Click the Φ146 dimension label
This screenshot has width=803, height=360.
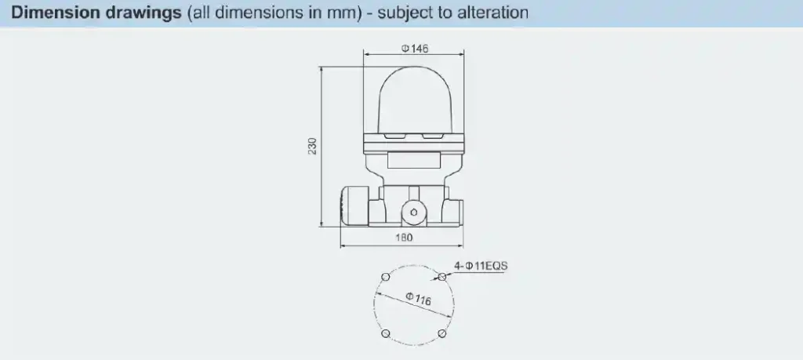pyautogui.click(x=415, y=49)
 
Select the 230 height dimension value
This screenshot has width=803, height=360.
pyautogui.click(x=312, y=147)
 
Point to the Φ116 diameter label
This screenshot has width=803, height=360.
pyautogui.click(x=418, y=300)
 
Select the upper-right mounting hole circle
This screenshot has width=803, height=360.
pyautogui.click(x=442, y=277)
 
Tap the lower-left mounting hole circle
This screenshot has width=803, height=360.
pyautogui.click(x=384, y=334)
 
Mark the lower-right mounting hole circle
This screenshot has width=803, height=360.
pyautogui.click(x=442, y=334)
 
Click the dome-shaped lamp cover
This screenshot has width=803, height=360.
pyautogui.click(x=413, y=100)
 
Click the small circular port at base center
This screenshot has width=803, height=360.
pyautogui.click(x=413, y=212)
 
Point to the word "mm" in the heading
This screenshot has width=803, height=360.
pyautogui.click(x=328, y=13)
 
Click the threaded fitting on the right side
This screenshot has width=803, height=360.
pyautogui.click(x=456, y=210)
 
